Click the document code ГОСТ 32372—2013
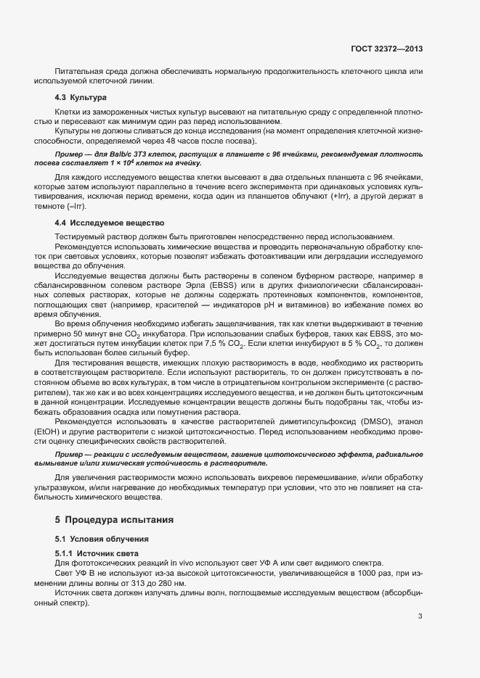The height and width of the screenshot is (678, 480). (x=386, y=49)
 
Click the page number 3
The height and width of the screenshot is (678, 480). (x=420, y=616)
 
